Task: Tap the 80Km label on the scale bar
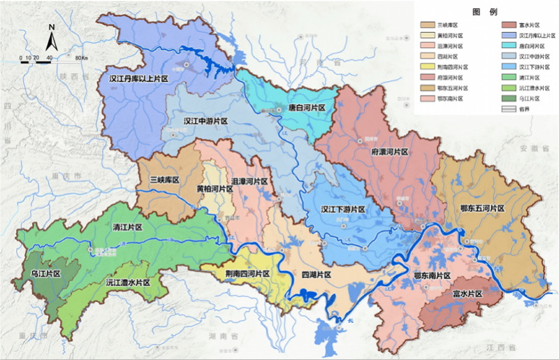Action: coord(81,57)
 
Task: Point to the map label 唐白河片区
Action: coord(307,108)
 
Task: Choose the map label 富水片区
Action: coord(467,295)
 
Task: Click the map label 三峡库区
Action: coord(165,180)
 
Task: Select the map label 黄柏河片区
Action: coord(214,189)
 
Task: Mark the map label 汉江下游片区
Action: coord(344,209)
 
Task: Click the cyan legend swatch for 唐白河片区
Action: coord(508,45)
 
